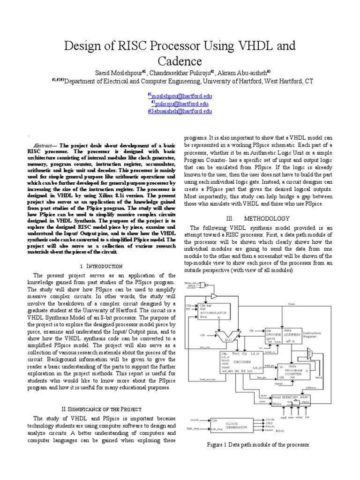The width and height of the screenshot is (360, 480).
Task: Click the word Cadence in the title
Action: [x=180, y=61]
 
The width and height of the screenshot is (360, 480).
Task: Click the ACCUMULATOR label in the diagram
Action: [x=214, y=312]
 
